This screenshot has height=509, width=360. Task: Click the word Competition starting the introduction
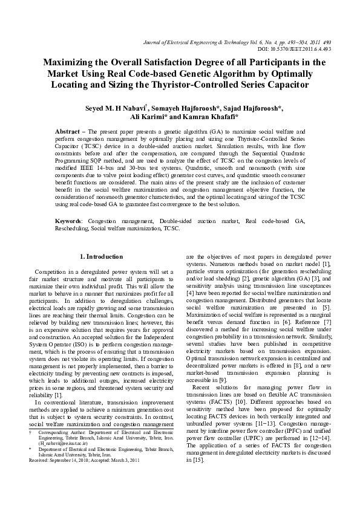pyautogui.click(x=54, y=273)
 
